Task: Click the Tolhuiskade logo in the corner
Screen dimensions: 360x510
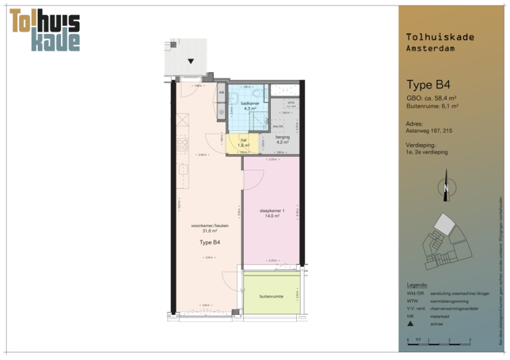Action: pos(45,31)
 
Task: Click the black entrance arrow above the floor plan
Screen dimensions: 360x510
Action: pos(191,61)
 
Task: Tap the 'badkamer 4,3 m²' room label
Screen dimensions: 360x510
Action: pos(250,106)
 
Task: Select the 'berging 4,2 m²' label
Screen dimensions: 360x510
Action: pos(283,139)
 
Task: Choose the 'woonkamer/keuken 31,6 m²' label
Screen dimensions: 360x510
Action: pos(210,228)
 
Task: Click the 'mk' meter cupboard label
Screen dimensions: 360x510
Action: pos(221,92)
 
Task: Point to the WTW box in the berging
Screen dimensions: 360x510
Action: pos(290,104)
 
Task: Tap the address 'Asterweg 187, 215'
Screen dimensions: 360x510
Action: pos(429,131)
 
